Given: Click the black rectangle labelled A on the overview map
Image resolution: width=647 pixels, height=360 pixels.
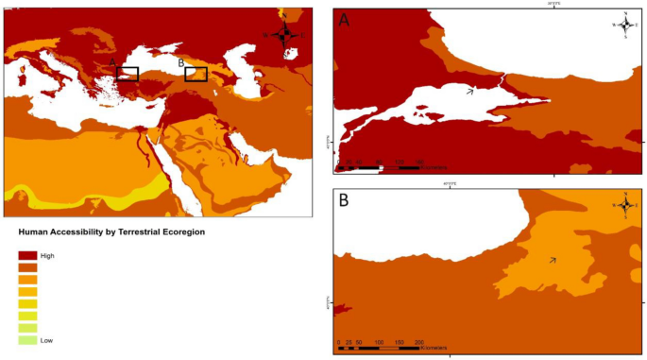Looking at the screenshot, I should [x=128, y=74].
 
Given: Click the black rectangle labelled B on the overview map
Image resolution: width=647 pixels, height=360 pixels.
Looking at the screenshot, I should [x=196, y=74].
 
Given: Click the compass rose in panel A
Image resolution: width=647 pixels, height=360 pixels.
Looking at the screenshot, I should [x=626, y=26].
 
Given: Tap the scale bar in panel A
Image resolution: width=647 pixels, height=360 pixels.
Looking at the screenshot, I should [x=378, y=167].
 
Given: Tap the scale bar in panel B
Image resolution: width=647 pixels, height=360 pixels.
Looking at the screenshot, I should [x=378, y=348].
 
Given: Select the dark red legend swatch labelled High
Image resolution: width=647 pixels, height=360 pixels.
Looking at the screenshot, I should [x=27, y=256].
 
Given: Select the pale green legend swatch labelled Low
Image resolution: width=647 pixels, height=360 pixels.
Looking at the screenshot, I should [x=27, y=339].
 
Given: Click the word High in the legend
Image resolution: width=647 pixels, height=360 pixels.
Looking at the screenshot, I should [x=47, y=256].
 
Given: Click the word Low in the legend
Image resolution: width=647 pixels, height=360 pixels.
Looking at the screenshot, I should [x=46, y=340].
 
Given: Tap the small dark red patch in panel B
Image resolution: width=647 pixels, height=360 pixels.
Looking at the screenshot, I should [x=342, y=309].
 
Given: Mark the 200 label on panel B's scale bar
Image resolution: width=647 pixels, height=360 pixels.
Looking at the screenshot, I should [x=419, y=341].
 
